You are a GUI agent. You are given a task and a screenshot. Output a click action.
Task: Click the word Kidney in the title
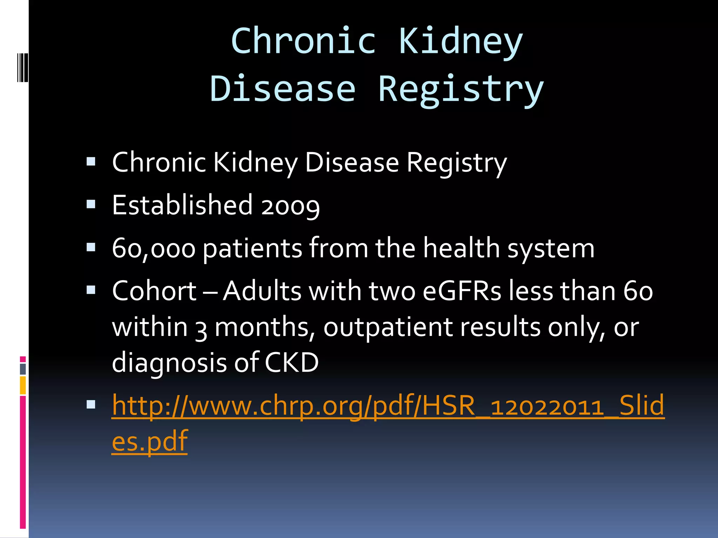point(461,42)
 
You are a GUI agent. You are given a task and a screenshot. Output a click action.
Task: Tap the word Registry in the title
point(461,90)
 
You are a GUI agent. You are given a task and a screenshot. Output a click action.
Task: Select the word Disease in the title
point(283,90)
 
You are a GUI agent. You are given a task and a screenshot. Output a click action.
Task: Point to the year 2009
point(290,206)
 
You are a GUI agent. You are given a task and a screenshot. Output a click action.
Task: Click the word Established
point(182,205)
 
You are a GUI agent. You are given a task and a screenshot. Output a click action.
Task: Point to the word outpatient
point(388,328)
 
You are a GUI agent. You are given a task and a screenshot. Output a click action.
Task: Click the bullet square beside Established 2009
point(91,204)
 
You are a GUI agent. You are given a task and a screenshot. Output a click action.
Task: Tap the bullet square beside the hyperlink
point(91,405)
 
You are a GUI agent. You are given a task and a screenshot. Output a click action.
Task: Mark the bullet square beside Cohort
point(91,290)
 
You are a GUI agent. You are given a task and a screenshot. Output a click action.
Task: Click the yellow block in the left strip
point(23,385)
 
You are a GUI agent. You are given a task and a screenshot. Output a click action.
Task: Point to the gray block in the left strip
point(23,369)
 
